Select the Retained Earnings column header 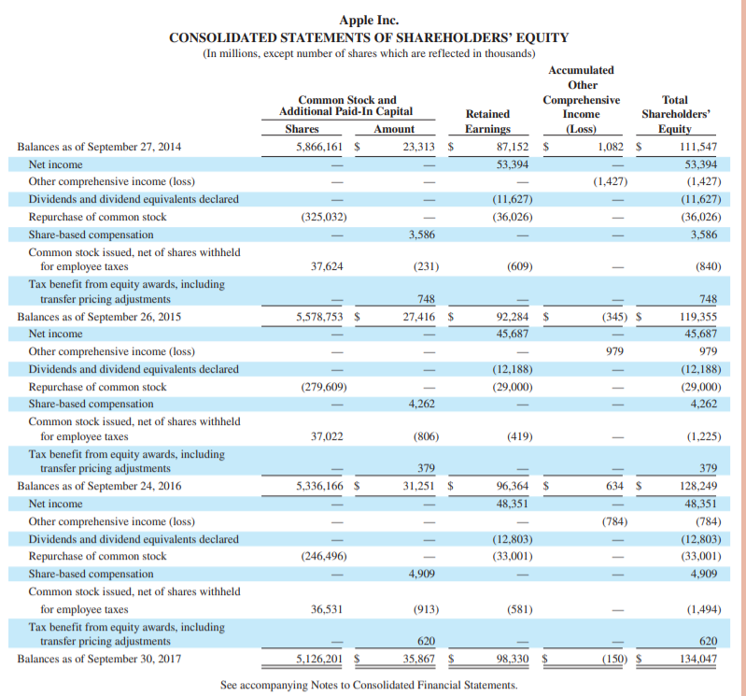click(x=487, y=121)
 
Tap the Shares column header click(x=302, y=129)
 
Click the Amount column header click(x=394, y=129)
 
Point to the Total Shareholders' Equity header click(x=675, y=115)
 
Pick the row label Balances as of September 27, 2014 click(x=99, y=147)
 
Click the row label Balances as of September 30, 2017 click(x=99, y=659)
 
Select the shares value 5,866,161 click(x=318, y=147)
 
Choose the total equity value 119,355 click(x=697, y=317)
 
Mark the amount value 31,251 click(x=420, y=486)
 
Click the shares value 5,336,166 click(x=318, y=486)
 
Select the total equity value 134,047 click(x=697, y=659)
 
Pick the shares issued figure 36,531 click(x=326, y=609)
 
